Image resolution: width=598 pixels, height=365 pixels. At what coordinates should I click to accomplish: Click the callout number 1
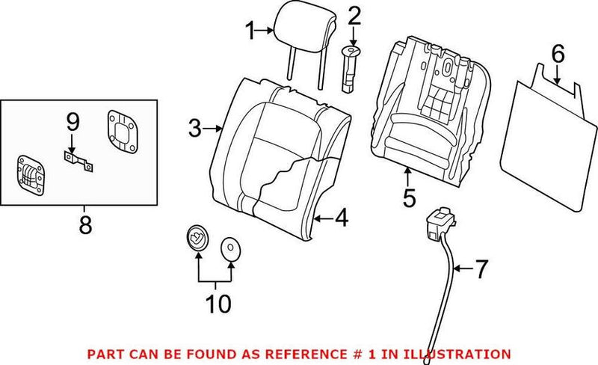[250, 31]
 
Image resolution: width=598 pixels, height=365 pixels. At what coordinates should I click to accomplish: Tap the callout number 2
[354, 15]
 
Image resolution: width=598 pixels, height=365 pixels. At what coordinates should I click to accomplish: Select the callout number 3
[194, 129]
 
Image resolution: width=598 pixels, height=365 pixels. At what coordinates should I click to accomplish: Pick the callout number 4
[341, 219]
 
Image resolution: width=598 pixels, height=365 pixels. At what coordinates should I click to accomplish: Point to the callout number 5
[408, 200]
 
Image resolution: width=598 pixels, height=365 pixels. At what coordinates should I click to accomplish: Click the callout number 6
[556, 54]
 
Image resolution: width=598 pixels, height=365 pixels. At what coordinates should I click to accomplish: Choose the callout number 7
[480, 267]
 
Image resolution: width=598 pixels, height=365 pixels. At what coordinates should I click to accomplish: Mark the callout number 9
[72, 120]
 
